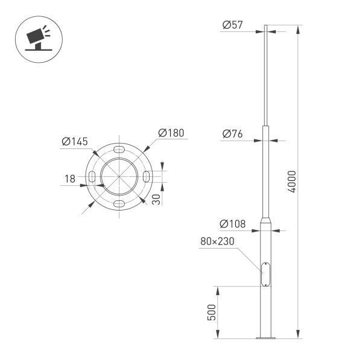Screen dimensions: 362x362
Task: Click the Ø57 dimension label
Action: pos(232,25)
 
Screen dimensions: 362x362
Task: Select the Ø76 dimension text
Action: pos(232,134)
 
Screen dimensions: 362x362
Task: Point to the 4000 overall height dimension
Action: pos(293,181)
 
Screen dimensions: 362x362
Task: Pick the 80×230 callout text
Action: pos(217,242)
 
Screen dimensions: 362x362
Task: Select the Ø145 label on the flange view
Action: pos(75,142)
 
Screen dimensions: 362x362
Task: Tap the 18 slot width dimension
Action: pos(71,178)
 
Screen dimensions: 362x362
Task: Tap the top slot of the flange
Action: pos(119,148)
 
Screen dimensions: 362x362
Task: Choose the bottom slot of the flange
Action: pos(119,203)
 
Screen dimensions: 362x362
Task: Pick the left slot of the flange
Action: pos(92,176)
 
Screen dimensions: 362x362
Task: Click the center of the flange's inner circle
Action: pos(119,176)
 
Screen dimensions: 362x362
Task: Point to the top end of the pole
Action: pos(264,27)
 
